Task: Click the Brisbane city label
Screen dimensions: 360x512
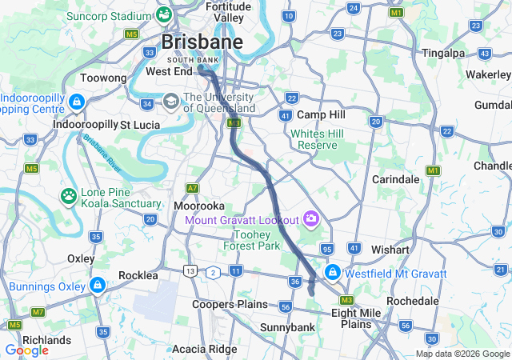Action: [202, 42]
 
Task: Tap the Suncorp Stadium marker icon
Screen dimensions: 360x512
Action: [164, 14]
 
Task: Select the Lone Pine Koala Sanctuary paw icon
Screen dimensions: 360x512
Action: [70, 195]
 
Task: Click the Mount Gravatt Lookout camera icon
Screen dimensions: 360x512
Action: [310, 218]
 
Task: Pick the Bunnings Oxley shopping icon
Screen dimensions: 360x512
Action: [97, 285]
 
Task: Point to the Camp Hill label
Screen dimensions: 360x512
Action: [320, 115]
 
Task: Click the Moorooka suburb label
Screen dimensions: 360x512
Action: [199, 206]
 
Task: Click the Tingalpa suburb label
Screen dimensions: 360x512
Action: [443, 53]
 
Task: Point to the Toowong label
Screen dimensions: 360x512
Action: [103, 78]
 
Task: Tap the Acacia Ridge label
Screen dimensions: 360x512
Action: [204, 349]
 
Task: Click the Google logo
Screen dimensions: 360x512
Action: [26, 350]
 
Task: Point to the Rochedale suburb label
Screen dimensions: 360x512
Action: [412, 301]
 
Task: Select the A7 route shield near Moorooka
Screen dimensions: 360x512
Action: [192, 189]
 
